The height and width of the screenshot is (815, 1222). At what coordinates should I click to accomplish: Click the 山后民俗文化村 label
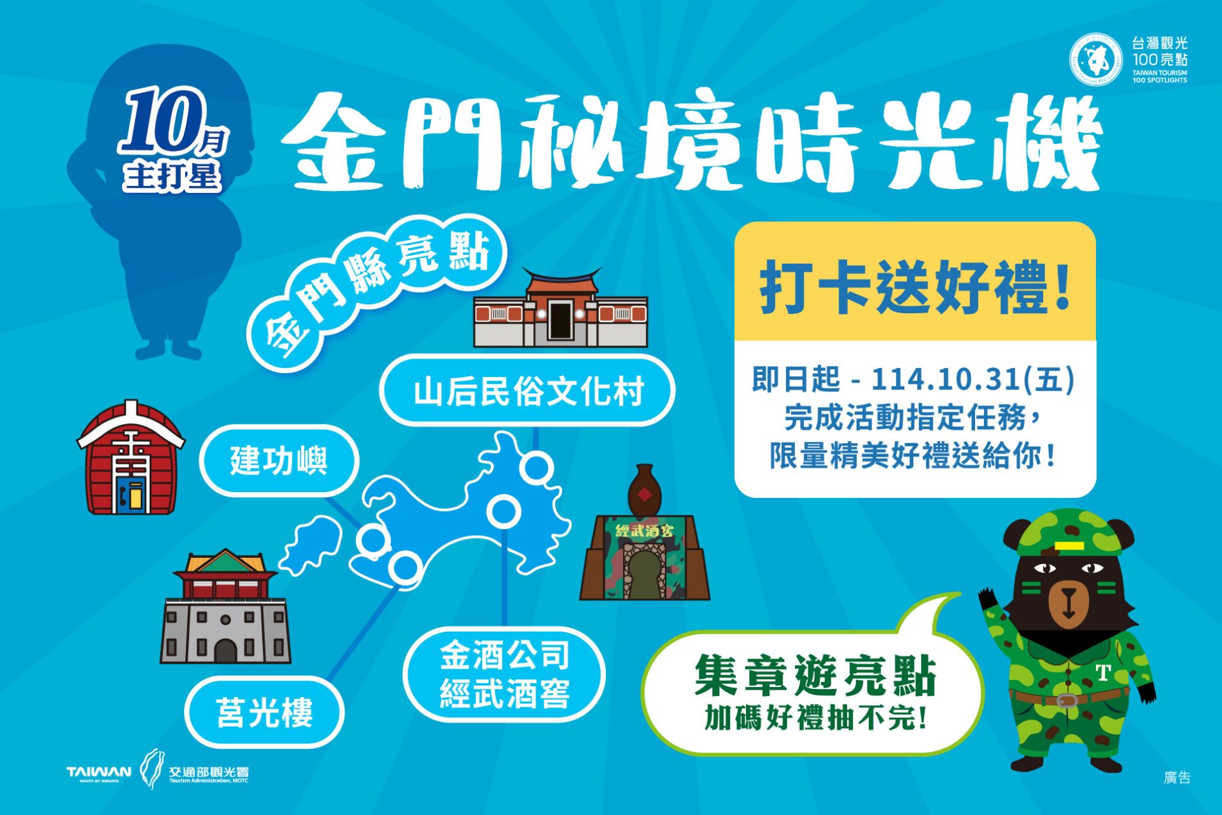coord(527,390)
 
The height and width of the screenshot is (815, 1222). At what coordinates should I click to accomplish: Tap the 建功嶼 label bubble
coord(278,461)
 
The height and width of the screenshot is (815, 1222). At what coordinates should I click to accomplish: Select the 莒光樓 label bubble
coord(264,712)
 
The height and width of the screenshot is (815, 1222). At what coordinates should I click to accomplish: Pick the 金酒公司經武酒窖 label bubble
coord(504,675)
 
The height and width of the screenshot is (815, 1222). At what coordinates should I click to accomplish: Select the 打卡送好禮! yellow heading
coord(915,286)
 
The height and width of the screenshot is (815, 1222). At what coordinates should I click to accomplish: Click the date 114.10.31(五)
coord(972,380)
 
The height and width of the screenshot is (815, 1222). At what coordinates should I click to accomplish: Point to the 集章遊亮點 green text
coord(815,675)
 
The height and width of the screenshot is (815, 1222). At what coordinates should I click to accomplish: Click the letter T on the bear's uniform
coord(1102,672)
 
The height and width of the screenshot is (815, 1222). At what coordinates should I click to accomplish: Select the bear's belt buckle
coord(1066,699)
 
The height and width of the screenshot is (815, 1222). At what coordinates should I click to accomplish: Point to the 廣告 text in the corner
coord(1177,777)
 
